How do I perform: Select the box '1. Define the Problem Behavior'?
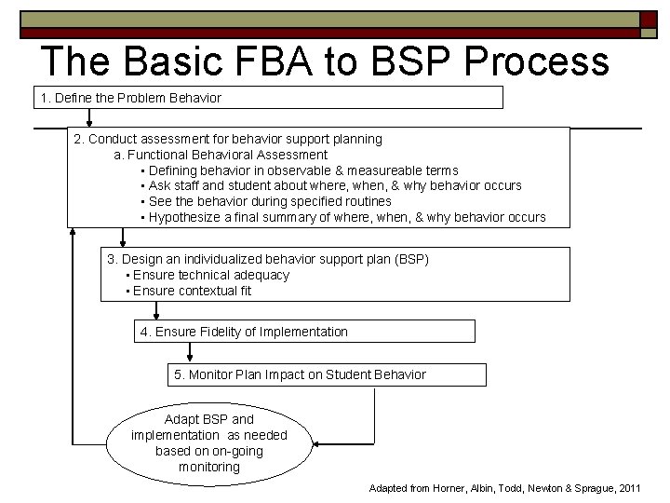click(x=269, y=97)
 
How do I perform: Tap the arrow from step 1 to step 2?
click(x=89, y=118)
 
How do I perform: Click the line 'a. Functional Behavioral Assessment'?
click(x=221, y=155)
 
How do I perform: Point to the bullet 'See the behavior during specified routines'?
click(x=270, y=201)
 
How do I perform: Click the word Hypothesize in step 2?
click(x=182, y=217)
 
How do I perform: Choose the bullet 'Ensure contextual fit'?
click(x=192, y=291)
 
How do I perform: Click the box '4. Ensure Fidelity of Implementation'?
click(x=303, y=332)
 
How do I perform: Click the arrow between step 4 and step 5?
click(x=190, y=352)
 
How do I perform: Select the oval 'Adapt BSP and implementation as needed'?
click(x=209, y=442)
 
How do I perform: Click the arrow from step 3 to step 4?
click(x=156, y=310)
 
